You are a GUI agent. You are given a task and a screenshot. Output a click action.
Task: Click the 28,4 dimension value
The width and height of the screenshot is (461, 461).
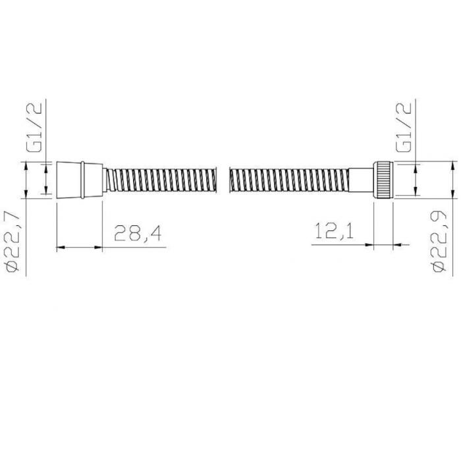tap(138, 233)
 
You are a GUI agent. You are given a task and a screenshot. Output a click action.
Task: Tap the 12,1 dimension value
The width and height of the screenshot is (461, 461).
tap(335, 230)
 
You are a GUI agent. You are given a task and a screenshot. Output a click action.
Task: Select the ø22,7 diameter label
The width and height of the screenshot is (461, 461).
tap(12, 241)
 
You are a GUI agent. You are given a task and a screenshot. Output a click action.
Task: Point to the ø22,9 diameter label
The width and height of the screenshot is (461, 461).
tap(438, 242)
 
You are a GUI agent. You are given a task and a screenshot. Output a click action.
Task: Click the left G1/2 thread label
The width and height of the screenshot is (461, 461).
tap(34, 126)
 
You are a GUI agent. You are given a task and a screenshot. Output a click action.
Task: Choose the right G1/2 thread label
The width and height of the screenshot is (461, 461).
tap(404, 127)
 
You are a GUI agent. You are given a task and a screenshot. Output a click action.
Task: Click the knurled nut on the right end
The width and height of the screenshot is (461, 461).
tap(383, 180)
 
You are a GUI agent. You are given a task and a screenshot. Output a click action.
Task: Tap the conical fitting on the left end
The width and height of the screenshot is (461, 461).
tap(80, 180)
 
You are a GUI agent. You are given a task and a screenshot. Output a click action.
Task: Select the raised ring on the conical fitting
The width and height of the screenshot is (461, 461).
tap(82, 180)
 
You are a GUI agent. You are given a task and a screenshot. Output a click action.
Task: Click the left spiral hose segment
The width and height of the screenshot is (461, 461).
tap(162, 180)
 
